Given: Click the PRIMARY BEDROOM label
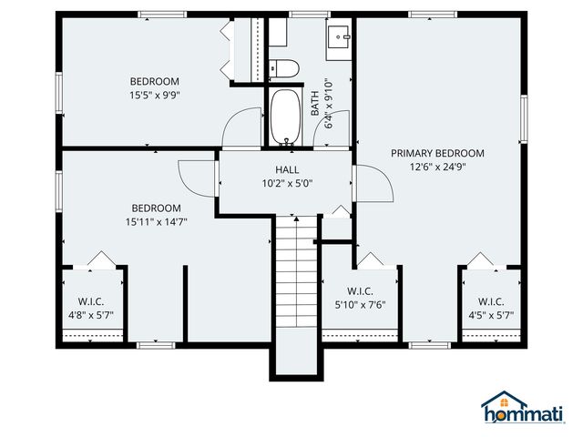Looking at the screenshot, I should (437, 153).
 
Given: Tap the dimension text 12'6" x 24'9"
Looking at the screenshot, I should (437, 167).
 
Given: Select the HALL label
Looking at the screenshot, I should (287, 169).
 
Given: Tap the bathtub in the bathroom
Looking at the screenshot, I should (287, 117).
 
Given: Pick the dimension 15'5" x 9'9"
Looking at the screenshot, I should (154, 94).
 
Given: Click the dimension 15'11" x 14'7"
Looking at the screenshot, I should (156, 221).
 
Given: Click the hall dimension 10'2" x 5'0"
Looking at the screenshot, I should (287, 183).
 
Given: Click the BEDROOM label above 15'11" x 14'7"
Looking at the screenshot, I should (156, 208).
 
